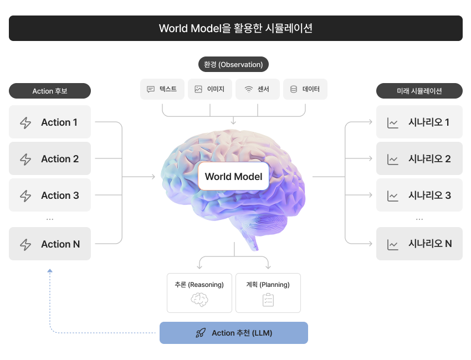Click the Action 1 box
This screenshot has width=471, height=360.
[50, 122]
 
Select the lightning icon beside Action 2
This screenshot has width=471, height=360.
[25, 159]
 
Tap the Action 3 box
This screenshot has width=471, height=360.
[50, 195]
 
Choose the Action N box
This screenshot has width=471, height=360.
[50, 244]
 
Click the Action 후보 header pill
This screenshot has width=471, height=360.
[50, 91]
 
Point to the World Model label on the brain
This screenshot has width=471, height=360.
[233, 176]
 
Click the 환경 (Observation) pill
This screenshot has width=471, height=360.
[233, 64]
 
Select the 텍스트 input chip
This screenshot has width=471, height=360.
[162, 89]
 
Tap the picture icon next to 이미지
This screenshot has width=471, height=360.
[198, 89]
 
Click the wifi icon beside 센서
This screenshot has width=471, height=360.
[249, 89]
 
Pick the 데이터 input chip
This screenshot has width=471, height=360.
[305, 89]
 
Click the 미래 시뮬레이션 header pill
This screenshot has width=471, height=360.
[419, 91]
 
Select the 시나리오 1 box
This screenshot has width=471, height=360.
[419, 122]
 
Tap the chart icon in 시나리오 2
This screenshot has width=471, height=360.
[393, 159]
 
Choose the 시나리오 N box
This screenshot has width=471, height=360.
[419, 244]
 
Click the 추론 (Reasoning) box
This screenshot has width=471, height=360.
[199, 293]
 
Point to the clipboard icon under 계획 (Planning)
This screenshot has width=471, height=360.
[268, 300]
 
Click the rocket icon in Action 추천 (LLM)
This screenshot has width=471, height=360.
[201, 333]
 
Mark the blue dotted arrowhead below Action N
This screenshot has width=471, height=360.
[50, 271]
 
